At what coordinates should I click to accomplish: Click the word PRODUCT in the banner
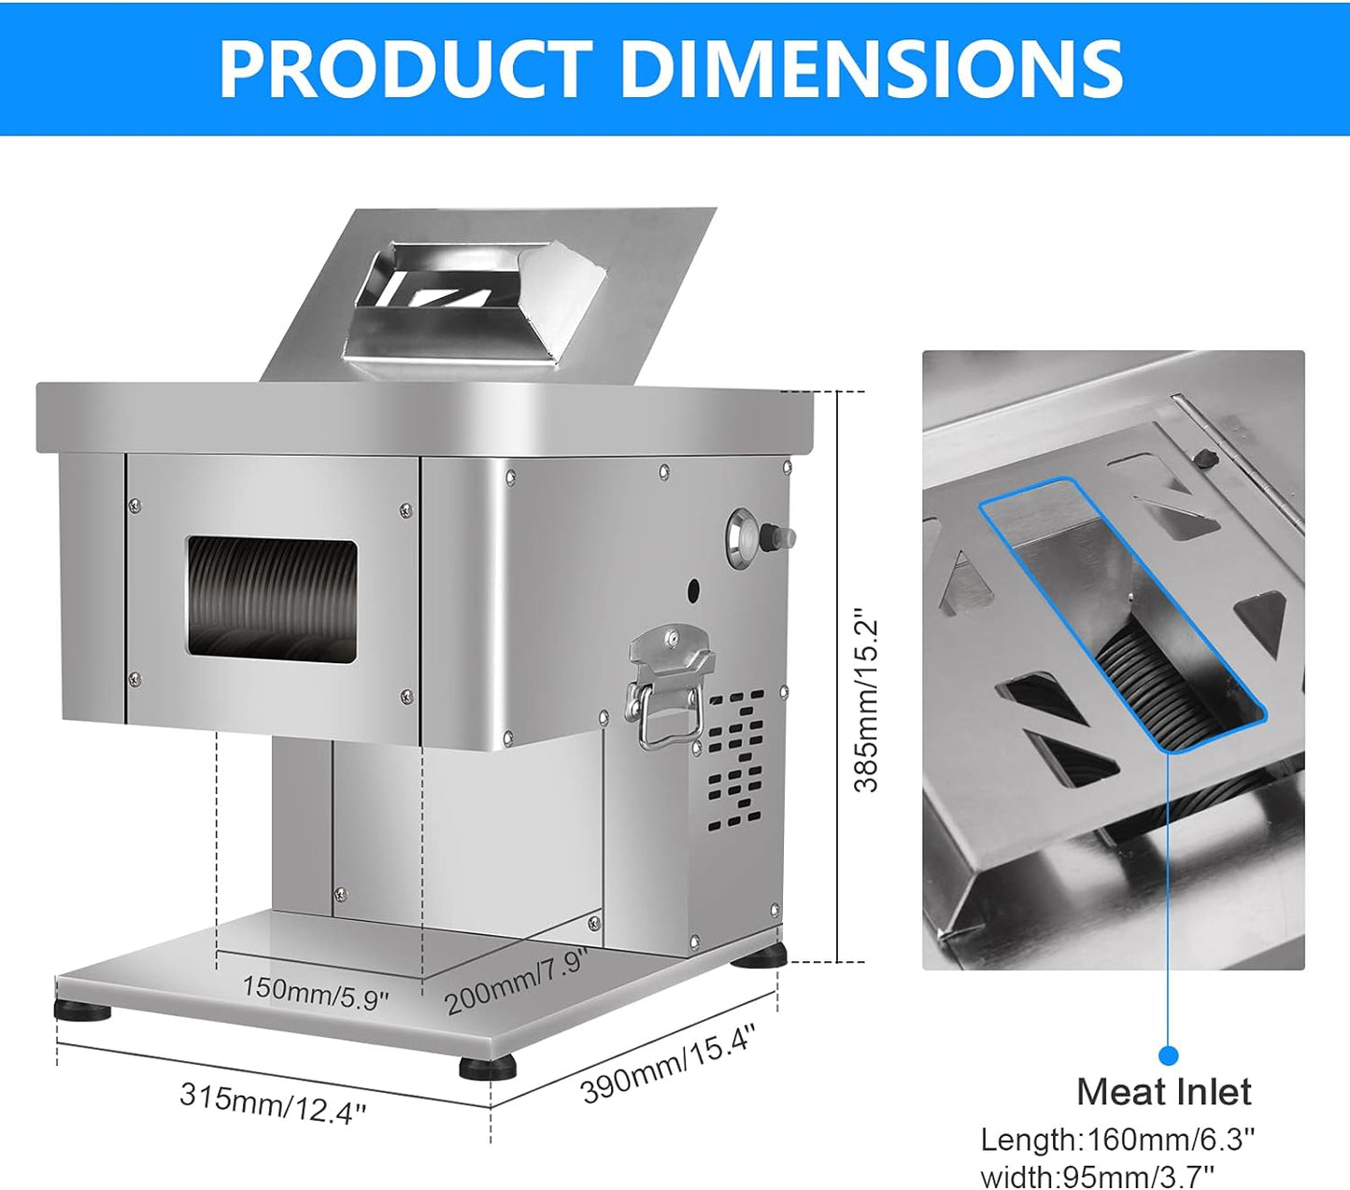(x=404, y=69)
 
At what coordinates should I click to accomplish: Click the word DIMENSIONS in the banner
(x=871, y=69)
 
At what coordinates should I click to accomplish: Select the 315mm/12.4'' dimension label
(x=273, y=1102)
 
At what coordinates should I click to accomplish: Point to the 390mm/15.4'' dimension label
(x=667, y=1063)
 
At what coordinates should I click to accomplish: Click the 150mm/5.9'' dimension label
(x=315, y=992)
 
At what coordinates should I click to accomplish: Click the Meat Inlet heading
(x=1163, y=1092)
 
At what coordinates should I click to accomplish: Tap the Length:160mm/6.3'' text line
(x=1117, y=1140)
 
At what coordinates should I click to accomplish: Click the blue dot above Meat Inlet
(x=1168, y=1055)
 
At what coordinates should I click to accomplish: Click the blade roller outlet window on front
(x=272, y=600)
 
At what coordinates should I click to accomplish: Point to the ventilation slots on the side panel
(x=736, y=761)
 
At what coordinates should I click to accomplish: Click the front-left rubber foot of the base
(x=83, y=1011)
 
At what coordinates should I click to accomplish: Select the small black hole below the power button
(x=693, y=590)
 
